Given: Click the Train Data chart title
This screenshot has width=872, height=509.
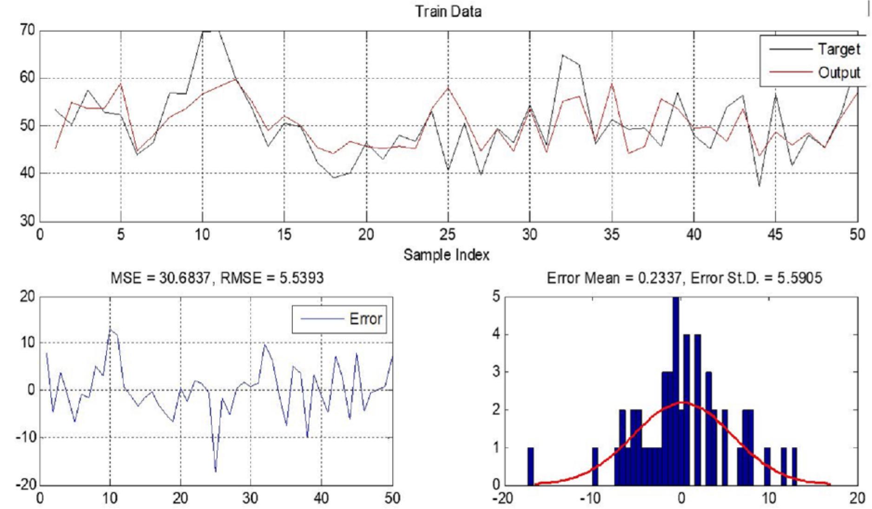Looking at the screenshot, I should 448,11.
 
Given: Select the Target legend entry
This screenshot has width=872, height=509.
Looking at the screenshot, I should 839,49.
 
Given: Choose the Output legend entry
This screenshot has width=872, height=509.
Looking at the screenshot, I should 839,73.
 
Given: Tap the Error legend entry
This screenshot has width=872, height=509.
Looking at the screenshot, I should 365,319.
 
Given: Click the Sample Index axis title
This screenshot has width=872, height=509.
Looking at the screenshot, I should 446,254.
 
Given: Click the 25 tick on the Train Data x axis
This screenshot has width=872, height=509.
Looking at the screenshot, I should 448,235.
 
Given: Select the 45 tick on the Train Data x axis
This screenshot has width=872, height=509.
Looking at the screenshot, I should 775,235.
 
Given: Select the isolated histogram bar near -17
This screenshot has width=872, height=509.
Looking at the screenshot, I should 530,466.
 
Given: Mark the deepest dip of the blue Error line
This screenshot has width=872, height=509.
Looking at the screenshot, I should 216,471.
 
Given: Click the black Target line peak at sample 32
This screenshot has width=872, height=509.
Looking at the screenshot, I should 562,55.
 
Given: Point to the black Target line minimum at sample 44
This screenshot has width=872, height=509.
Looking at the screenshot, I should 759,186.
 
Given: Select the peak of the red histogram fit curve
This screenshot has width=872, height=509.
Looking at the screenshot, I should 682,402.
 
